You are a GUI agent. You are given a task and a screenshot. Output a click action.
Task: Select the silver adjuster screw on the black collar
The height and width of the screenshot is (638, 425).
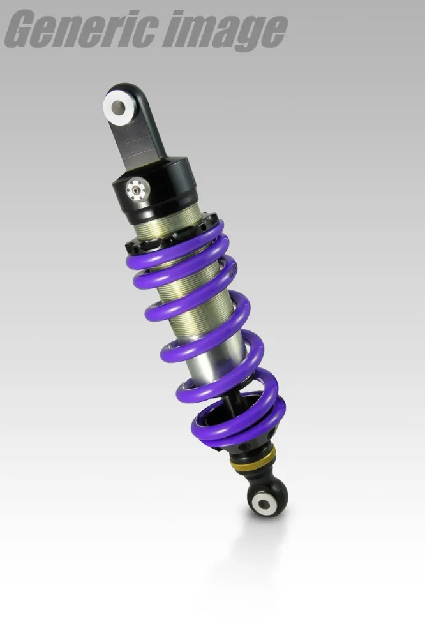tap(135, 188)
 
